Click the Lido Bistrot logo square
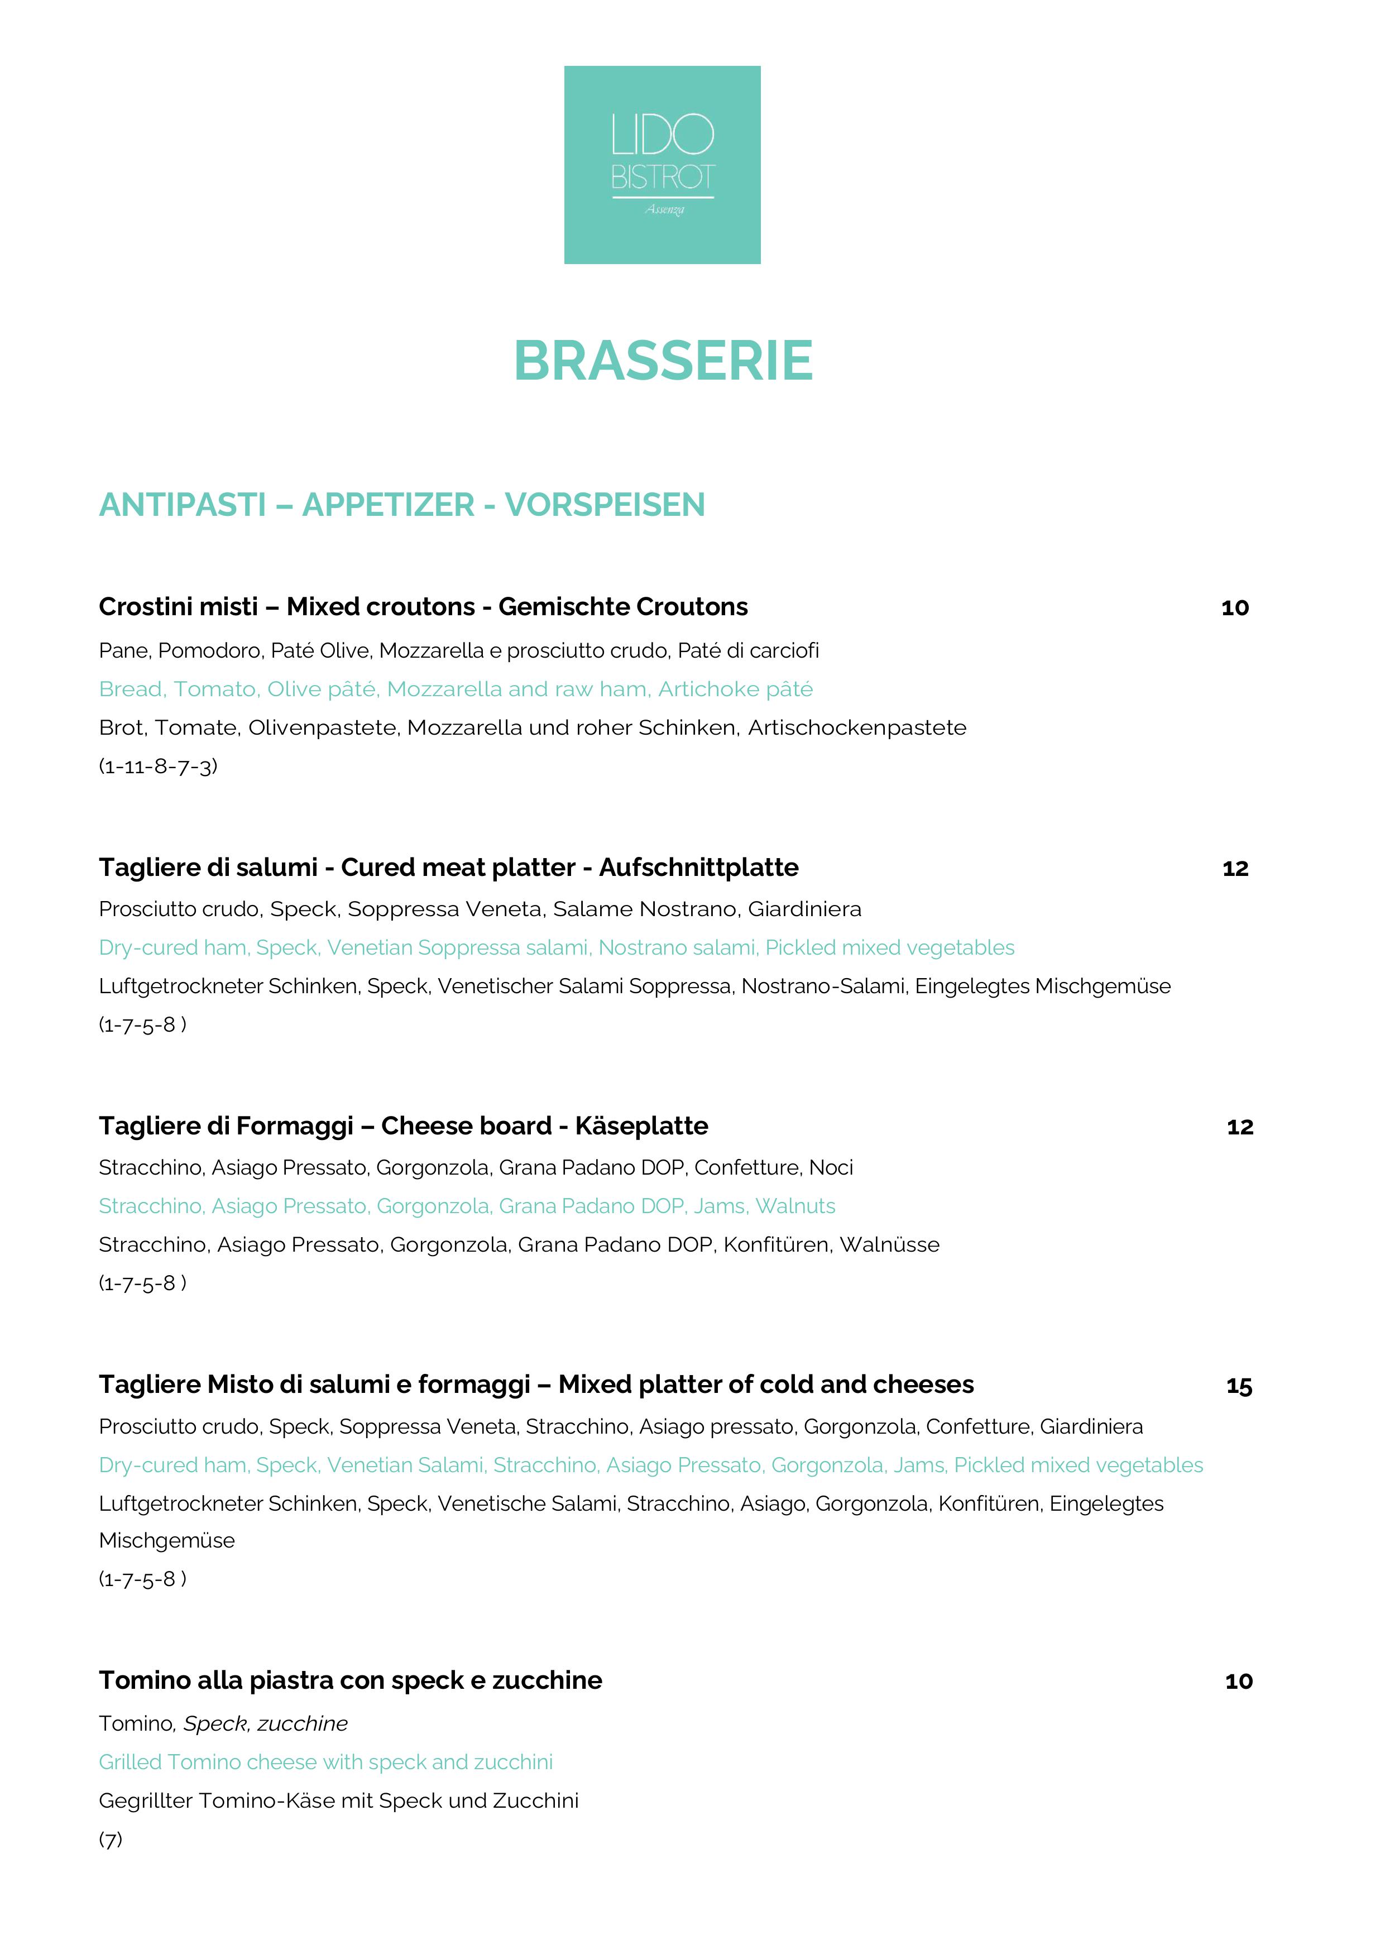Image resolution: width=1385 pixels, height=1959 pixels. pyautogui.click(x=662, y=165)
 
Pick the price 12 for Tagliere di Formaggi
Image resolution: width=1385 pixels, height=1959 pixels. pyautogui.click(x=1239, y=1127)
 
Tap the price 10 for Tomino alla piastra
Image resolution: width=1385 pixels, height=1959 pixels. pyautogui.click(x=1238, y=1682)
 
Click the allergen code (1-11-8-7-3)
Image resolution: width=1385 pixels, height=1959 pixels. pyautogui.click(x=158, y=766)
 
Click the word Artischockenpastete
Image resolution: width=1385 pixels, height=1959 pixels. pyautogui.click(x=857, y=728)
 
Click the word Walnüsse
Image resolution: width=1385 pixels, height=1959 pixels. pyautogui.click(x=889, y=1245)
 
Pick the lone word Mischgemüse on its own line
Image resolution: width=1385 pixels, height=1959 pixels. pyautogui.click(x=166, y=1540)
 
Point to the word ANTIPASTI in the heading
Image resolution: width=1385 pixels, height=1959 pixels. pyautogui.click(x=183, y=505)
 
